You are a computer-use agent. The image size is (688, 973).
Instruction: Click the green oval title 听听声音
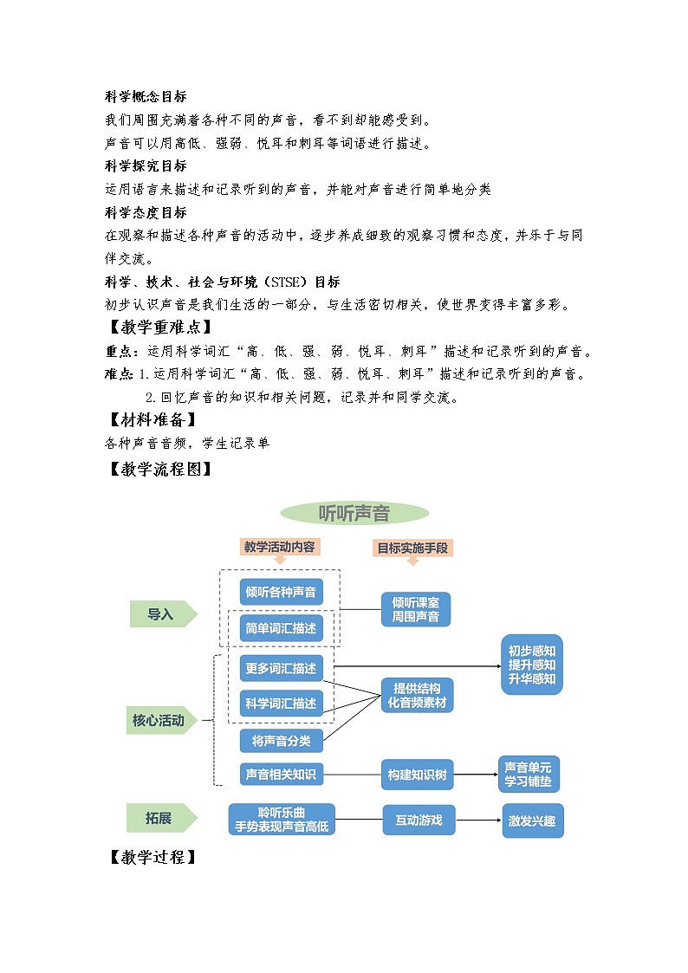354,513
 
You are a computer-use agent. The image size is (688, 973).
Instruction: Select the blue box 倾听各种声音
281,593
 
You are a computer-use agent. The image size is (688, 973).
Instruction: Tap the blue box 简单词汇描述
281,627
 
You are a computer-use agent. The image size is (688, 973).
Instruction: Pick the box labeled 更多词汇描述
281,668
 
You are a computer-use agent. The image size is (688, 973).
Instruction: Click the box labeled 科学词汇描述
281,703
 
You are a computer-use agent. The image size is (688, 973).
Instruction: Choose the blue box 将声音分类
281,741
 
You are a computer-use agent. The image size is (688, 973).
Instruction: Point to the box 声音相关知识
281,774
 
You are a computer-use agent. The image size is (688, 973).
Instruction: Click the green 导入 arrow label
161,614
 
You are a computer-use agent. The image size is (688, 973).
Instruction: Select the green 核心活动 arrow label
161,720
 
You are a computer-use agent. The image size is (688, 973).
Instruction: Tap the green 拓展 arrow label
161,818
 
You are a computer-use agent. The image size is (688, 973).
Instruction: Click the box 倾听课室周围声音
416,610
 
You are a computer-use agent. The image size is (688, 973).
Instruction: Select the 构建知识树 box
417,775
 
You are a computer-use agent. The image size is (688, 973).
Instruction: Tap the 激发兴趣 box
533,820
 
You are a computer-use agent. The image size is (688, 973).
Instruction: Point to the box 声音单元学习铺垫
529,775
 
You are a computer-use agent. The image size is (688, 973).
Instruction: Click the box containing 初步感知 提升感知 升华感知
532,665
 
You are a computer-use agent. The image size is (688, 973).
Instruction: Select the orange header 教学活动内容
279,547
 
